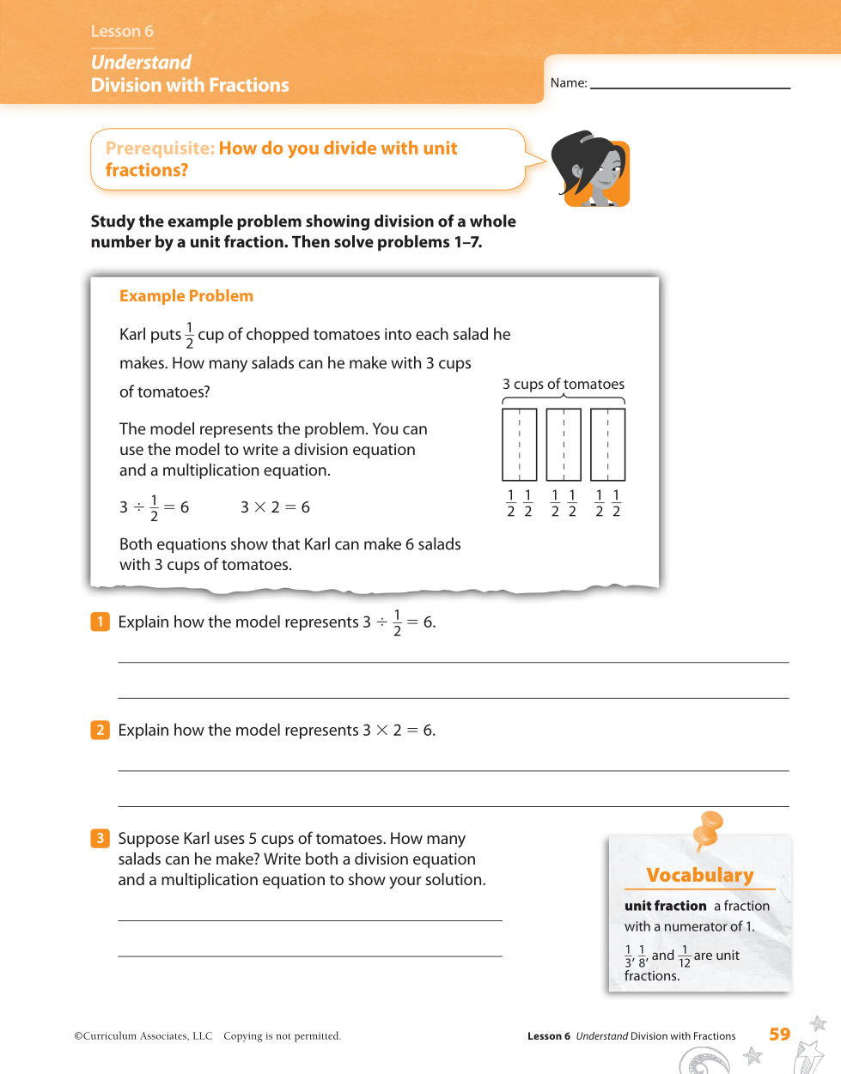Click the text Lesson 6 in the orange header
coord(122,31)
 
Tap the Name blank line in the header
coord(690,86)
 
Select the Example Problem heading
coord(186,296)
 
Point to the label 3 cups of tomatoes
coord(564,384)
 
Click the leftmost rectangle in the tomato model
coord(520,445)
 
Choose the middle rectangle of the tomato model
coord(564,445)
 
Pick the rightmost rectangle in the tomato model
coord(608,445)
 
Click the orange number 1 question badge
coord(101,622)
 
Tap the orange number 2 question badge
coord(101,730)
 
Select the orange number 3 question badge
coord(101,838)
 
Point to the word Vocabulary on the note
coord(700,875)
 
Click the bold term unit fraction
coord(666,906)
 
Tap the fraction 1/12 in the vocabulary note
coord(685,956)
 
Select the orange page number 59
coord(780,1035)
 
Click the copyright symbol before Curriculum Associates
coord(78,1036)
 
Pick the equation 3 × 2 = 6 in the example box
coord(275,507)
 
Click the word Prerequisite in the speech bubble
coord(160,149)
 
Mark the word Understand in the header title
coord(141,63)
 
